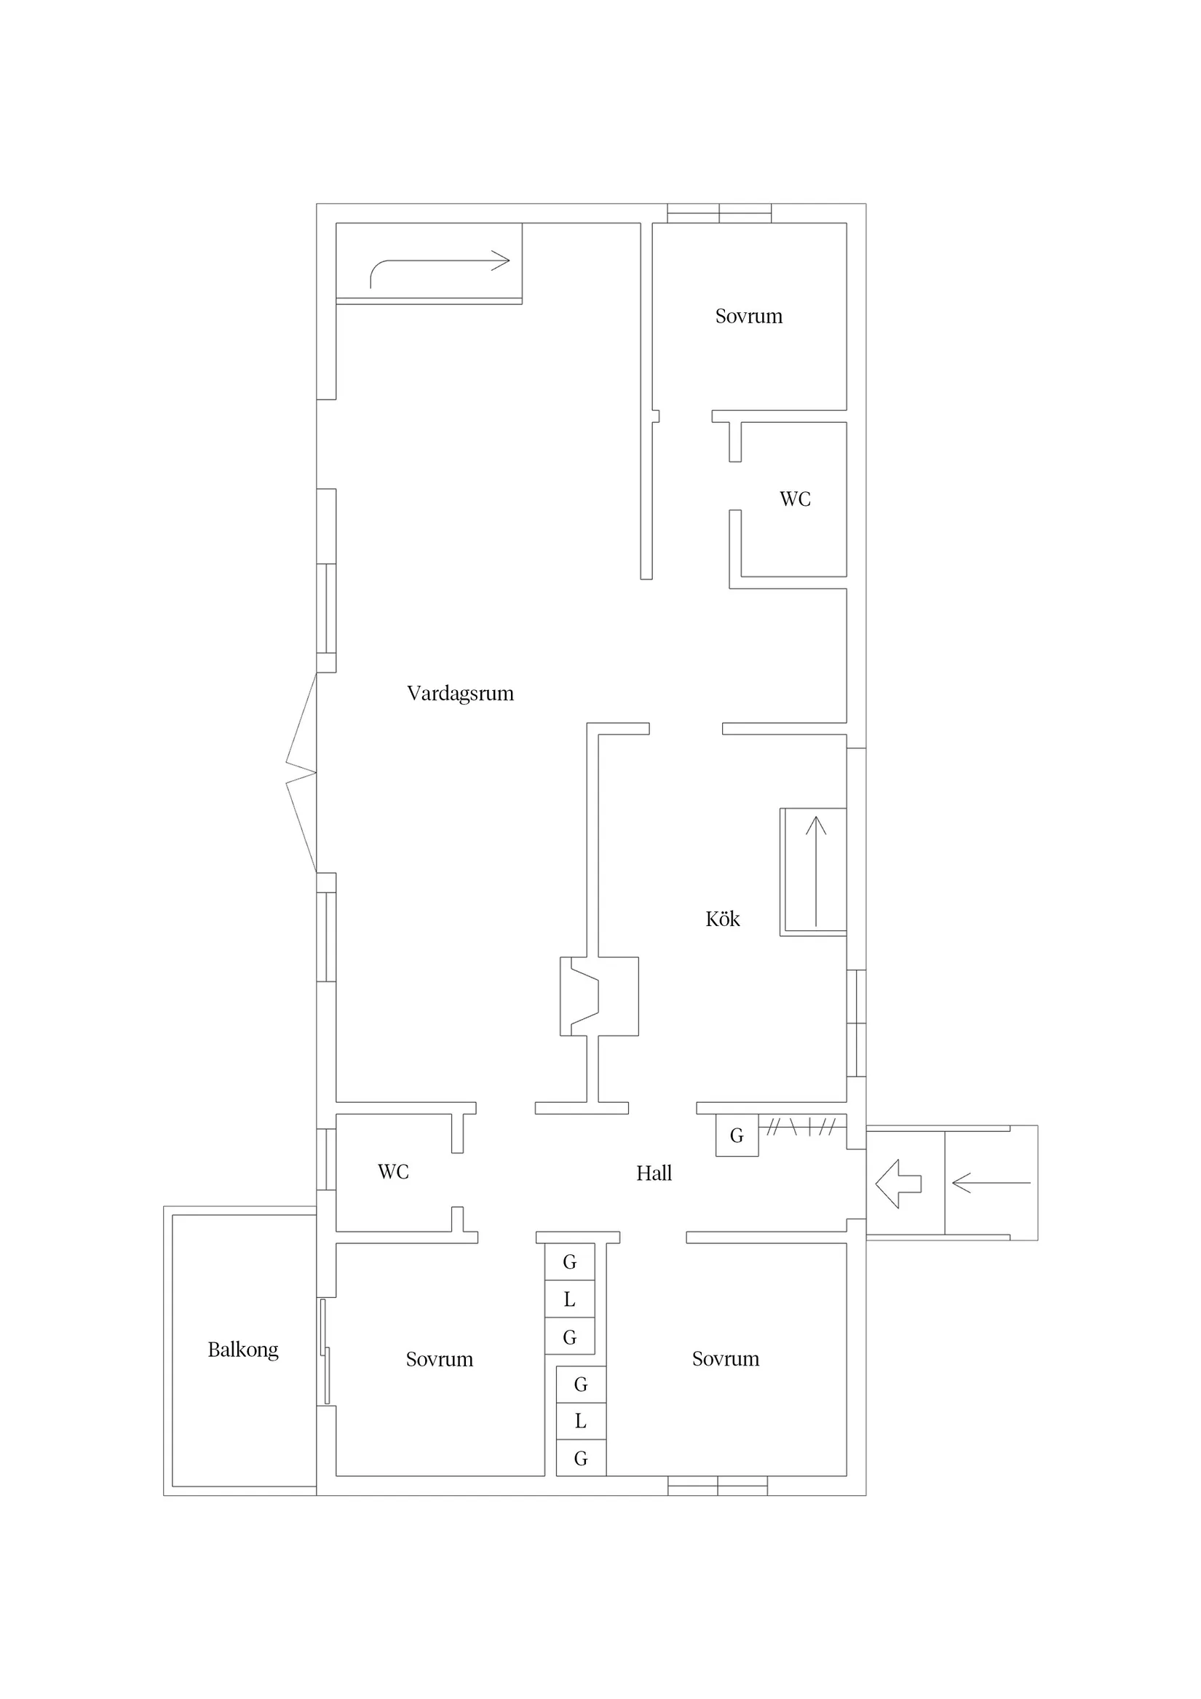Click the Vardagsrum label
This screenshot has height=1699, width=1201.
(x=460, y=694)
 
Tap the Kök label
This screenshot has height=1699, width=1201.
(x=722, y=919)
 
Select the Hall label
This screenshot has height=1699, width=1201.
(x=654, y=1173)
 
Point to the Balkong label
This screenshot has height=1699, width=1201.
(x=242, y=1350)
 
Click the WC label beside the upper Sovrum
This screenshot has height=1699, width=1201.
(x=795, y=499)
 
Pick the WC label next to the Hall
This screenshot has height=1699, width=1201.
(x=393, y=1171)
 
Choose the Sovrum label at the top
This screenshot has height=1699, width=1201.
(x=749, y=316)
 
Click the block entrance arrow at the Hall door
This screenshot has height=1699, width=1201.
(x=898, y=1184)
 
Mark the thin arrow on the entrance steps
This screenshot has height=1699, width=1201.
(x=991, y=1183)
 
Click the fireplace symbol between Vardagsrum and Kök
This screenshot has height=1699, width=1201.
(x=599, y=996)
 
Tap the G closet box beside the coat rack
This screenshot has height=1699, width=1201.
(x=737, y=1135)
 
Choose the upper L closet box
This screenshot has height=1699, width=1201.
(x=570, y=1299)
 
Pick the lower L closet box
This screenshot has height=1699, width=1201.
(x=581, y=1421)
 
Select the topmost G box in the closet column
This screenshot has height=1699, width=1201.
(x=570, y=1262)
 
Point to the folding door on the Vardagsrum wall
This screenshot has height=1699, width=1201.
(x=301, y=772)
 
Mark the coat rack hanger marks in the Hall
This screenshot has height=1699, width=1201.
(x=802, y=1127)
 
